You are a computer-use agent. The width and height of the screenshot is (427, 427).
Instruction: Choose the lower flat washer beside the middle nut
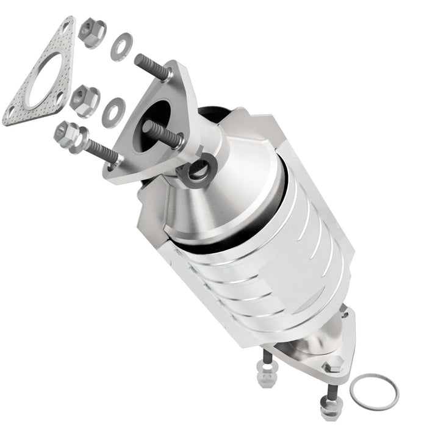113,110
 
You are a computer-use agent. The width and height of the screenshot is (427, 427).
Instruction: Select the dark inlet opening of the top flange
157,115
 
